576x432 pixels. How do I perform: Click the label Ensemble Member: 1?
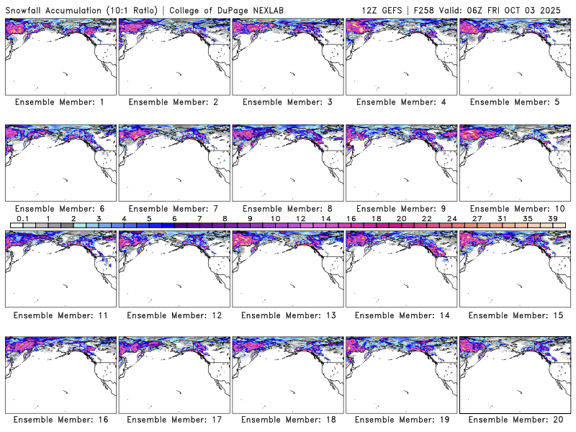60,102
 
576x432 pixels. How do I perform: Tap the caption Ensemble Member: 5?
514,102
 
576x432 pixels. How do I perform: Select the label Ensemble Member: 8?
287,209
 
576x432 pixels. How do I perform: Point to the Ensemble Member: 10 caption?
514,209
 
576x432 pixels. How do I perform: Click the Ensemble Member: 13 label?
287,315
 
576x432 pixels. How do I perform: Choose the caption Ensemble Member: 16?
60,419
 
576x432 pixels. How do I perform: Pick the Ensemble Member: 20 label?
514,419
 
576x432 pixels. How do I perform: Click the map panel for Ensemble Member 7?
174,163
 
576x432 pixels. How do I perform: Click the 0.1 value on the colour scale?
22,218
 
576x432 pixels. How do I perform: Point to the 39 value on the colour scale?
553,218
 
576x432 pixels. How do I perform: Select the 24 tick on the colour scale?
452,218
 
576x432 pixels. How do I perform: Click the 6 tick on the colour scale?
174,218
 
